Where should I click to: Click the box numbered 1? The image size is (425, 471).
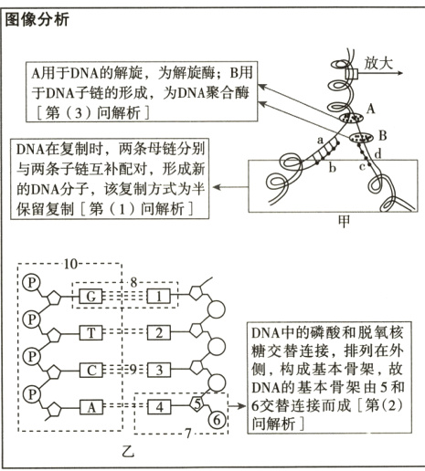tap(157, 298)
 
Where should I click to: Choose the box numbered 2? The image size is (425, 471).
tap(157, 333)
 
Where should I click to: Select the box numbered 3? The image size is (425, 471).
tap(157, 370)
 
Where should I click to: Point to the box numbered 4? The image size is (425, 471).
tap(157, 406)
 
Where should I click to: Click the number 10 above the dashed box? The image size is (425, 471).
tap(74, 264)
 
